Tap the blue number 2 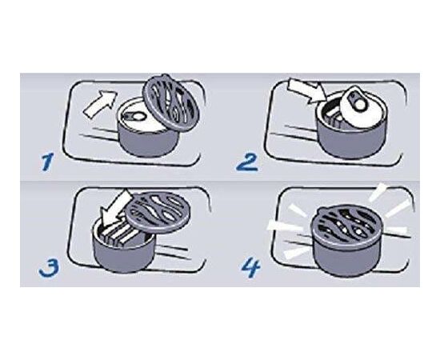pos(246,162)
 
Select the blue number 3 pos(49,268)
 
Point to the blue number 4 pos(251,268)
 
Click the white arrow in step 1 pos(100,104)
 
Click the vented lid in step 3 pos(158,212)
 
